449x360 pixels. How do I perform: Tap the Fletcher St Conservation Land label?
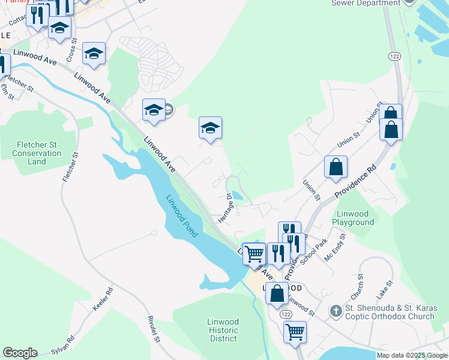click(37, 153)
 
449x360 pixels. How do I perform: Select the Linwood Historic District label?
click(223, 330)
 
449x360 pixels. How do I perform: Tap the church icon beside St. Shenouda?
click(336, 310)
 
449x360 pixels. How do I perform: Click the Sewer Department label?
click(366, 3)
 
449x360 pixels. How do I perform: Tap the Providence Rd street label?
click(355, 181)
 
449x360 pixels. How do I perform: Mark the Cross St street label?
click(73, 50)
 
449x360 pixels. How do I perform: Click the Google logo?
click(20, 353)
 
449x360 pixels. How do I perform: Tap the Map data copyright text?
click(412, 355)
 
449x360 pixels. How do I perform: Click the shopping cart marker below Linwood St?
click(295, 331)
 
